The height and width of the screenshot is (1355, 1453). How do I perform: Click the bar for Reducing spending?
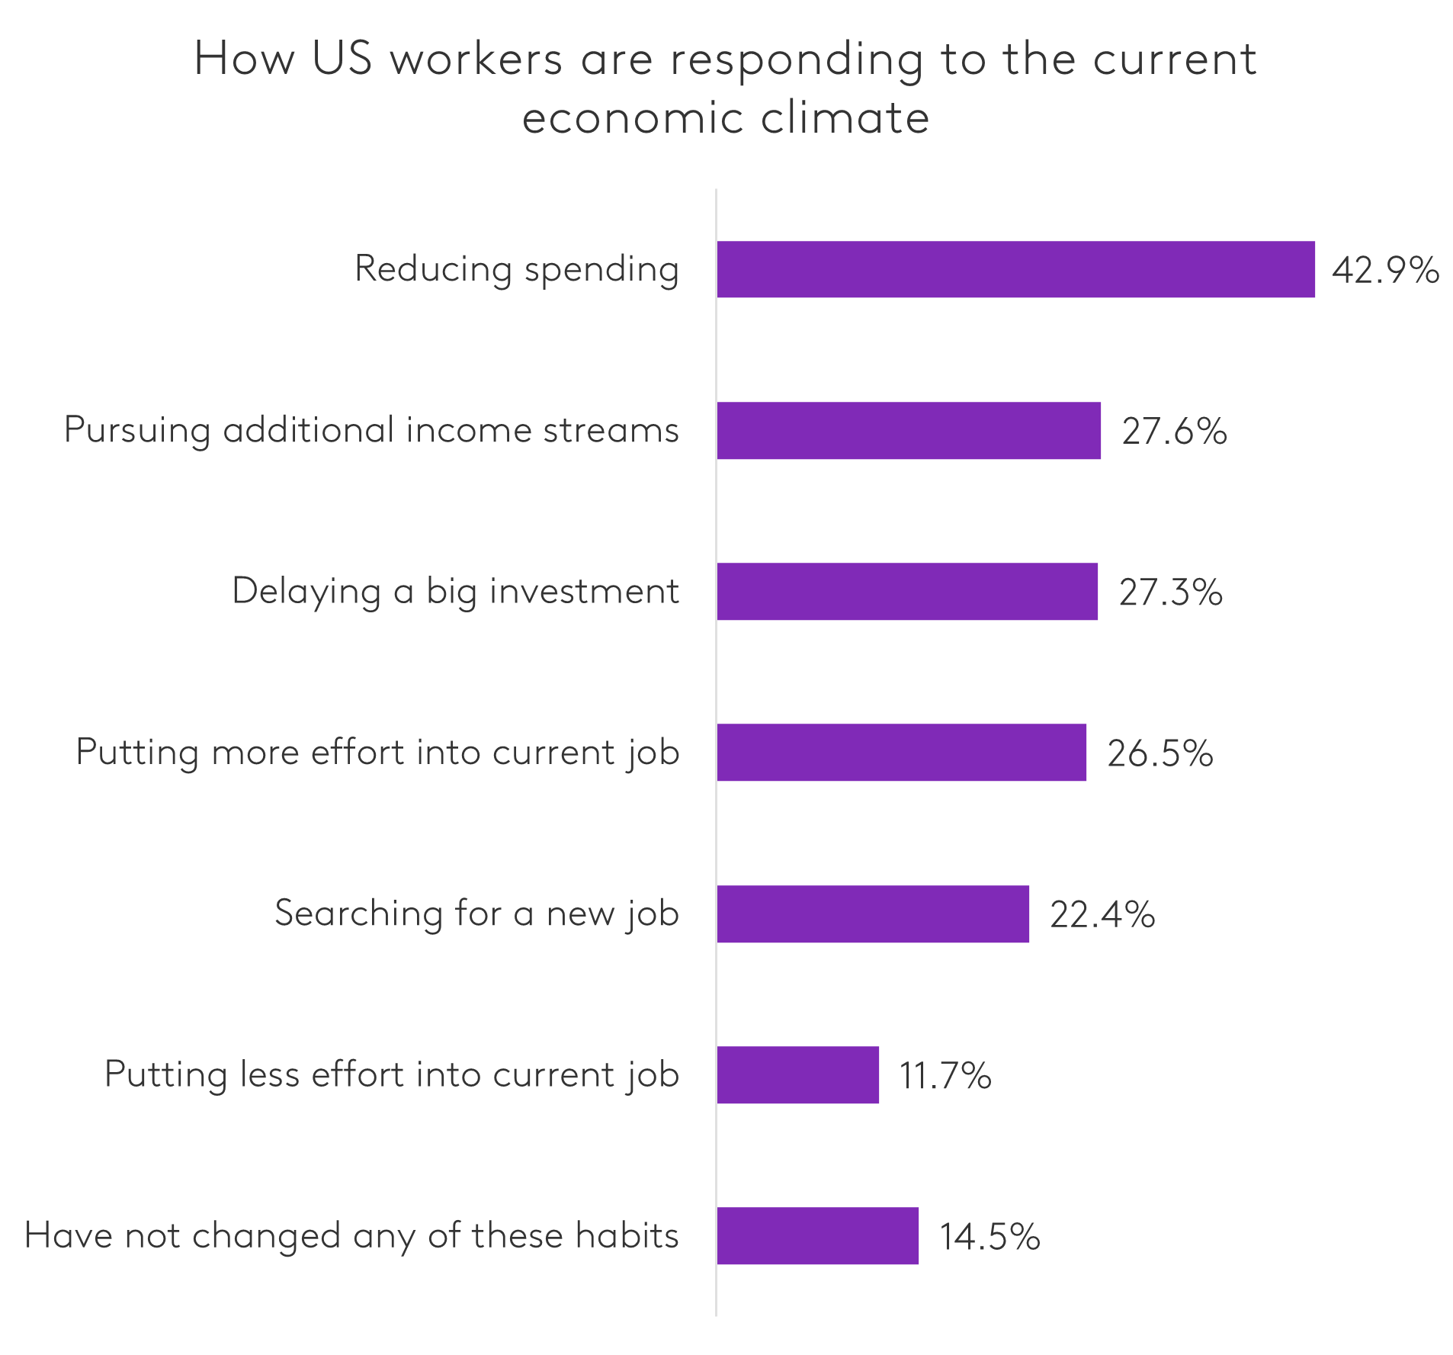(1015, 269)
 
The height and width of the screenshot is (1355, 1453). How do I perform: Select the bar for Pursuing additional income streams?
(909, 431)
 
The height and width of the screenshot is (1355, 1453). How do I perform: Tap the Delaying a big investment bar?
(907, 592)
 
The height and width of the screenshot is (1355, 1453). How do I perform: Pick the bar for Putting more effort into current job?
(901, 753)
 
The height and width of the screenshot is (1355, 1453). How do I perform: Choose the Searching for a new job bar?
(873, 914)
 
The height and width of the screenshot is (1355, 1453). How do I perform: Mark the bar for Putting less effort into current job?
(797, 1075)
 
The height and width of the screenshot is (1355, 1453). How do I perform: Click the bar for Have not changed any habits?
(817, 1236)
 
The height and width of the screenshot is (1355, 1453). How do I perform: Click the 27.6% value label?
(1174, 432)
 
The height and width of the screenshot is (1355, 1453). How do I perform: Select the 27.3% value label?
(1170, 592)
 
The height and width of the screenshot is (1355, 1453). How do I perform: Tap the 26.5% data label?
(1160, 753)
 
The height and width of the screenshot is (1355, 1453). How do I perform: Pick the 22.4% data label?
(1102, 914)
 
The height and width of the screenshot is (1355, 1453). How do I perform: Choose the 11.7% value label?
(945, 1076)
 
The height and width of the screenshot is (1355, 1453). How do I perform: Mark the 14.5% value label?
(989, 1237)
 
